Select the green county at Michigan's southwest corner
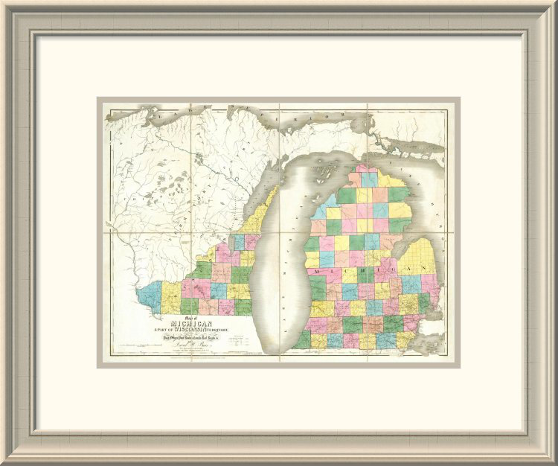(301, 339)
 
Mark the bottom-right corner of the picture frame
(553, 461)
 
